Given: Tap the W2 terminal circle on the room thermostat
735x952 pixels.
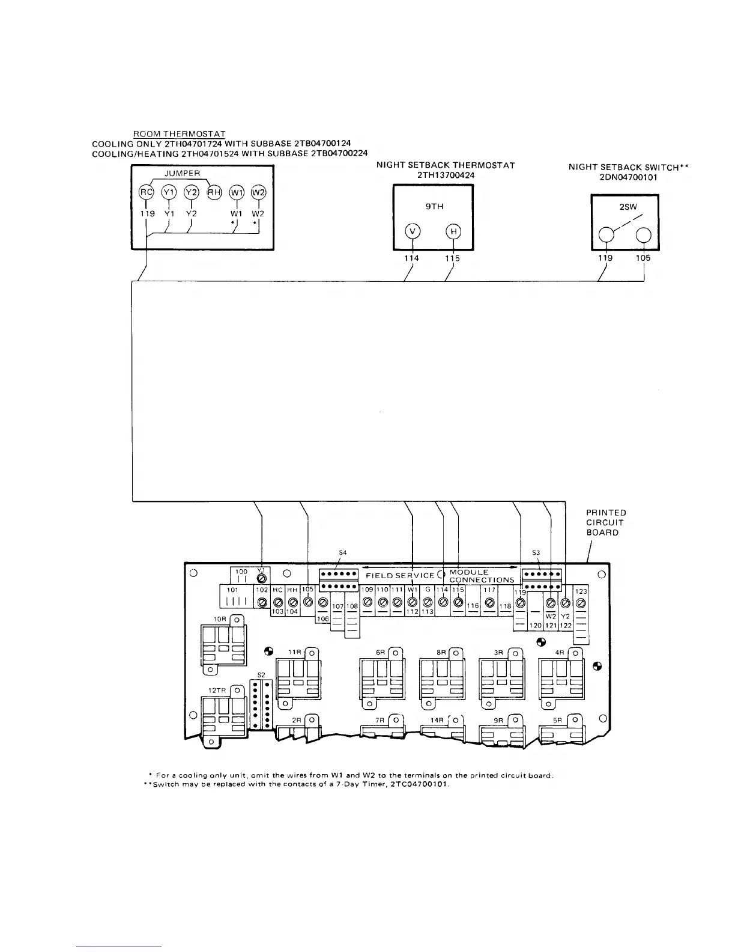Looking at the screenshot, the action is [258, 192].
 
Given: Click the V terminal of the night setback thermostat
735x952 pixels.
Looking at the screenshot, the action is [413, 232].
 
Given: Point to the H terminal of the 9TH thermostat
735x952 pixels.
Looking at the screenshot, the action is [453, 232].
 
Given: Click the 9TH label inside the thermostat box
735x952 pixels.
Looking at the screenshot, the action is [434, 206].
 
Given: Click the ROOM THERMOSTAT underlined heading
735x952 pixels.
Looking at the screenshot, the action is [179, 133].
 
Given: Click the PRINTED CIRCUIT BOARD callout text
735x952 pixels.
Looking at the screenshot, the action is [606, 522].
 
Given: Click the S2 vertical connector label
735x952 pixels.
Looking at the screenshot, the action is [261, 675].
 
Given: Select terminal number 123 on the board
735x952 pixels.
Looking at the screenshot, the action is [581, 591].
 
